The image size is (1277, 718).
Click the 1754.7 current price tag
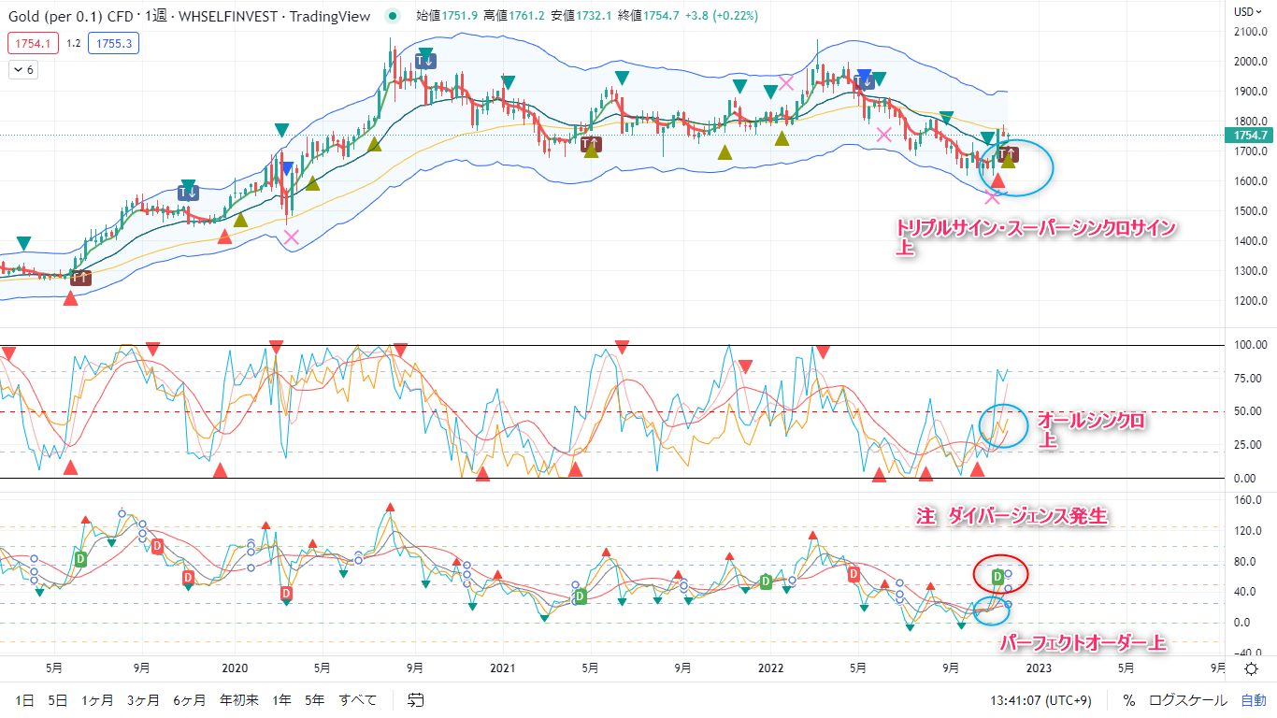pyautogui.click(x=1250, y=136)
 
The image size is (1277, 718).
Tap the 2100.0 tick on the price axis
pyautogui.click(x=1250, y=32)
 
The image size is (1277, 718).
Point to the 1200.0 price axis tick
pyautogui.click(x=1250, y=301)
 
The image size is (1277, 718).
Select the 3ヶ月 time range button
pyautogui.click(x=143, y=699)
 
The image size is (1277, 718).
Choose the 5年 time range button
pyautogui.click(x=315, y=699)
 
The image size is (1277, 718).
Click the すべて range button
pyautogui.click(x=358, y=699)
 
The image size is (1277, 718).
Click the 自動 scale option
pyautogui.click(x=1254, y=699)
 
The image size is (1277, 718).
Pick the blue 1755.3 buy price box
pyautogui.click(x=113, y=43)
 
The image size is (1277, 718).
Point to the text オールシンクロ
pyautogui.click(x=1091, y=422)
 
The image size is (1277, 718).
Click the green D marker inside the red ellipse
pyautogui.click(x=997, y=576)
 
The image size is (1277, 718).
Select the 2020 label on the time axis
pyautogui.click(x=235, y=668)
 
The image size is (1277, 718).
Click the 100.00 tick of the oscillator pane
pyautogui.click(x=1250, y=345)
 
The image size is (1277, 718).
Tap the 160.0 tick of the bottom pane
pyautogui.click(x=1250, y=499)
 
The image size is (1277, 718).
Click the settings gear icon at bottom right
pyautogui.click(x=1251, y=668)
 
